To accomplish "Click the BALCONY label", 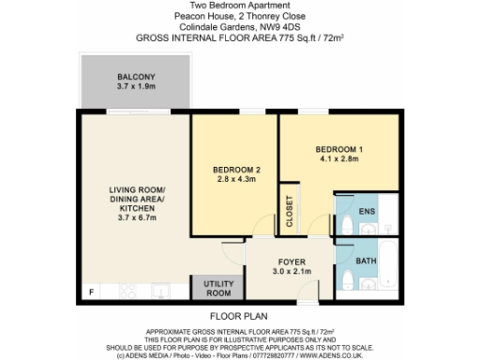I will [128, 76].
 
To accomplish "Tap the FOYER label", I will [288, 262].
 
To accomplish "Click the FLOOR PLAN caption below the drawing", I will [238, 318].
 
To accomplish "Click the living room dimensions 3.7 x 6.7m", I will [136, 217].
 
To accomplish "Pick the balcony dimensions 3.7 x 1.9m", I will [128, 86].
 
